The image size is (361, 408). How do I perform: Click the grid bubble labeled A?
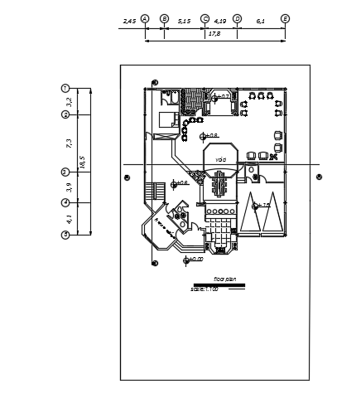point(145,17)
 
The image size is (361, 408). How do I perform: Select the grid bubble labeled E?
point(286,17)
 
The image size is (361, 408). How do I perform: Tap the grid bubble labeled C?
point(205,17)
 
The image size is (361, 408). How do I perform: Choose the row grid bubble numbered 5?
point(65,235)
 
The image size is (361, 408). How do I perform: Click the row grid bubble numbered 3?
point(65,172)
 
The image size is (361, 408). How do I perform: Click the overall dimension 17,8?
point(214,34)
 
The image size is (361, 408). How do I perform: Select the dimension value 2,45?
point(129,18)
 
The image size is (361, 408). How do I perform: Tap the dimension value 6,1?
point(261,18)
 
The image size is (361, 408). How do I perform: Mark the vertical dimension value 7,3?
point(70,143)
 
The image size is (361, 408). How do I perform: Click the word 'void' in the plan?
point(220,159)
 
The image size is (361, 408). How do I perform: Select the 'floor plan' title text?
point(225,279)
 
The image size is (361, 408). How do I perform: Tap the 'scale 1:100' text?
point(204,289)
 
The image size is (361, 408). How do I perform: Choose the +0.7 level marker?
point(220,97)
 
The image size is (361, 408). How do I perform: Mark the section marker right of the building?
point(319,176)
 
